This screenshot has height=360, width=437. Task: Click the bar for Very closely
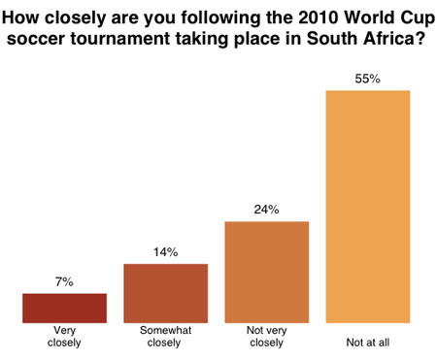64,308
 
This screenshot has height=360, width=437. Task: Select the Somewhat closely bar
165,292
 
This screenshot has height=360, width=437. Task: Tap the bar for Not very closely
266,272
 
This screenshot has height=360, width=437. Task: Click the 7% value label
64,282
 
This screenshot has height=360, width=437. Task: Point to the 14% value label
165,252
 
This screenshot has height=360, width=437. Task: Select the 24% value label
266,210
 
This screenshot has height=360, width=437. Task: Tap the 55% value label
368,78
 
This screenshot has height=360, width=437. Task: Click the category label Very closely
64,335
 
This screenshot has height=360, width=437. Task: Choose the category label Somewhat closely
165,335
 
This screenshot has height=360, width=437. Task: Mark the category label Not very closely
266,335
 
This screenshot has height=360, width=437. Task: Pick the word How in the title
28,13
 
